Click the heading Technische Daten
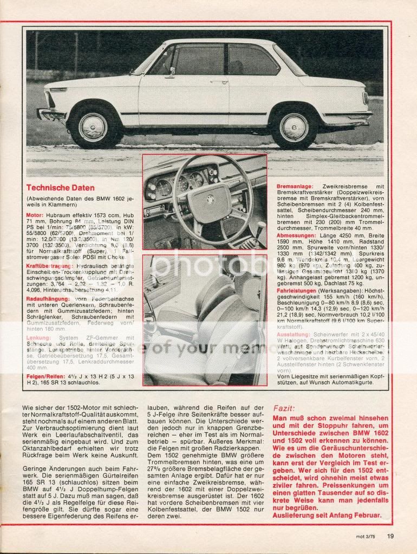61,188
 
